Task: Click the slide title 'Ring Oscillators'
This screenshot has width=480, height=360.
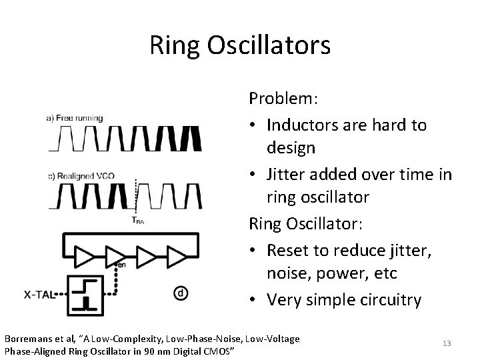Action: (239, 45)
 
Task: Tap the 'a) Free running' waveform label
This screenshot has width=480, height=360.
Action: (74, 118)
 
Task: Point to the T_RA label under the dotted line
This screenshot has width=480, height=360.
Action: (137, 221)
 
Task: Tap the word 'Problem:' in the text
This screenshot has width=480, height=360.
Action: (283, 99)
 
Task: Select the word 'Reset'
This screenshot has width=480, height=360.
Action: (286, 250)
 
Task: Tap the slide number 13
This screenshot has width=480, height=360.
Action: (447, 343)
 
